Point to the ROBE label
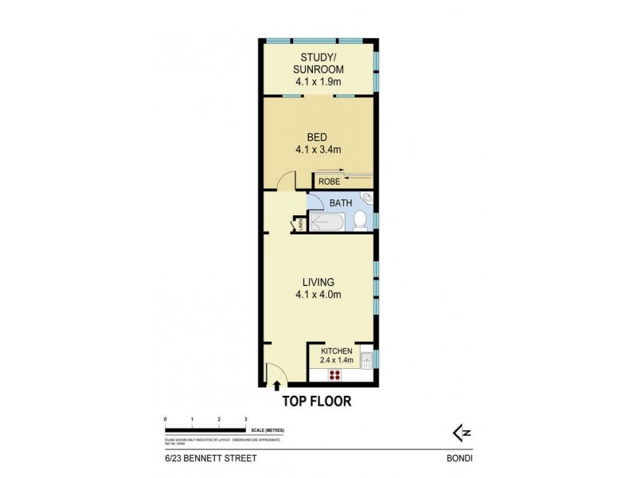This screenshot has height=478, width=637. click(x=329, y=182)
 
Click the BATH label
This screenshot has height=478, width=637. click(x=341, y=203)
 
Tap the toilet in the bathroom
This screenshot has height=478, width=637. click(x=360, y=220)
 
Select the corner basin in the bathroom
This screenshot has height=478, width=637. click(x=367, y=198)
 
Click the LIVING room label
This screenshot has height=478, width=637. click(x=318, y=282)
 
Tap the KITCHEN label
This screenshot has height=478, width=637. click(x=336, y=351)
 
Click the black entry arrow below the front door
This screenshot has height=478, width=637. click(x=277, y=386)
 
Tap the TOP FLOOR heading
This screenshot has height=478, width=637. click(x=318, y=402)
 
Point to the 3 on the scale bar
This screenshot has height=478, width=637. click(x=246, y=419)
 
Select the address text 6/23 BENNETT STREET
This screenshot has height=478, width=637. click(x=206, y=459)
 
